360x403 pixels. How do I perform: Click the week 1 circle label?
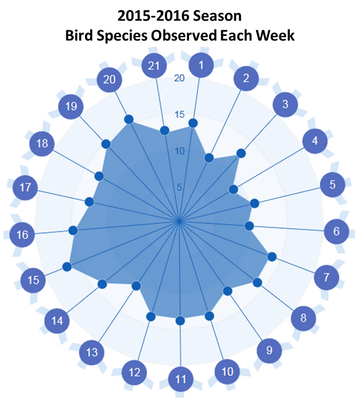point(201,65)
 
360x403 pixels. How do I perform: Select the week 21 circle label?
point(154,66)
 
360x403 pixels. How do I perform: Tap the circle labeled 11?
point(181,379)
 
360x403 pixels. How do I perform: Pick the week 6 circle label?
point(336,232)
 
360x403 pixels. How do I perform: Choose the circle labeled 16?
point(22,234)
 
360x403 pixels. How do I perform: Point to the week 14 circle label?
point(57,321)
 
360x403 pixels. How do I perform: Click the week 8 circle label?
point(303,318)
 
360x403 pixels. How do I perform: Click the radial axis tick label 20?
point(179,78)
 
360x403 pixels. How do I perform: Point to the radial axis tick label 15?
point(179,114)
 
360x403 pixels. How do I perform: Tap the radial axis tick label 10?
point(179,151)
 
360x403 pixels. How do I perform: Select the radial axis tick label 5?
point(179,187)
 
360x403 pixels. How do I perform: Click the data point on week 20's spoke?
point(129,119)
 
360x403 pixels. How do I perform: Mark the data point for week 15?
point(67,266)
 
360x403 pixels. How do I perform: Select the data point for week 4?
point(233,189)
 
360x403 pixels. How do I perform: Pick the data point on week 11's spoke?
point(180,320)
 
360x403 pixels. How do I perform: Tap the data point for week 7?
point(272,256)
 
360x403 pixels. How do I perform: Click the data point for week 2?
point(209,158)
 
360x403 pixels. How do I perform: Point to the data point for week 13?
point(136,286)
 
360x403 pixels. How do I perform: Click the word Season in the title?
point(217,16)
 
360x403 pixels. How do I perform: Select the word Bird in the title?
point(80,35)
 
